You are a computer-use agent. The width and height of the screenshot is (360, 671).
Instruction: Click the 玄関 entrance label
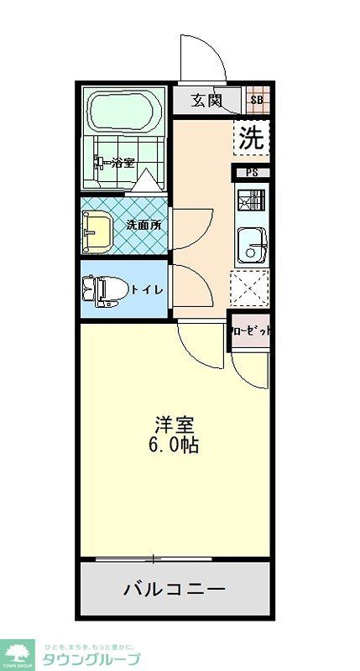pos(206,101)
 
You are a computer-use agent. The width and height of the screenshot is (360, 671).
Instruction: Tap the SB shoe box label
pos(258,101)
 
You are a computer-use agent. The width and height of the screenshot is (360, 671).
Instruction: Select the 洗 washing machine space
pos(251,138)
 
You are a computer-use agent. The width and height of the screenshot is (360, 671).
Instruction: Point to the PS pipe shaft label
pos(251,174)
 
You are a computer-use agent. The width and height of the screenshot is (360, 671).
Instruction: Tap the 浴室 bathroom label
pos(123,164)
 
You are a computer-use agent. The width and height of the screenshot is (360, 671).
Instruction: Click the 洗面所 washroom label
pos(143,225)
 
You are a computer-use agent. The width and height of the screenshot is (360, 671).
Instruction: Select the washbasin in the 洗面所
pos(97,229)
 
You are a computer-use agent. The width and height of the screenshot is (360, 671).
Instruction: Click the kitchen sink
pos(252,244)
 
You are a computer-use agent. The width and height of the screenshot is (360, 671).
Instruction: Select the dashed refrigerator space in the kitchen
pos(250,289)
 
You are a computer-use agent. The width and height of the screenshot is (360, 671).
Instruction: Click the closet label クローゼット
pos(251,331)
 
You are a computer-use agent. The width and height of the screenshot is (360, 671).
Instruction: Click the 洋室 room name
pos(176,424)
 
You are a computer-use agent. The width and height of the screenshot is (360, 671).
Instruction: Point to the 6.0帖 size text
pos(176,446)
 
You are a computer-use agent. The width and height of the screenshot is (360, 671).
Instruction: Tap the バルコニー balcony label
pos(175,589)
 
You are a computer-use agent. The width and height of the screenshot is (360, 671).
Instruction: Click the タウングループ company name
pos(93,658)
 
